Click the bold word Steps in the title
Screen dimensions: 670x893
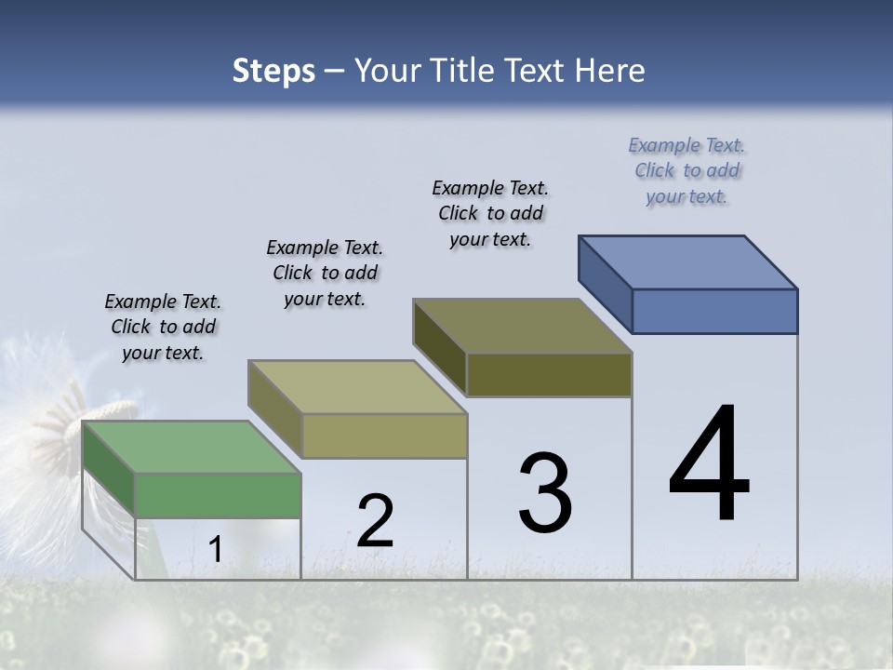[273, 71]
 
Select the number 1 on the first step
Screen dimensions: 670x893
[215, 550]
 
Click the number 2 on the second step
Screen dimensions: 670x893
[375, 521]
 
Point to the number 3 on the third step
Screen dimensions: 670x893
[545, 493]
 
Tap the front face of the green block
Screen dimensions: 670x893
[218, 495]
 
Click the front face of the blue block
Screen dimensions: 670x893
[714, 311]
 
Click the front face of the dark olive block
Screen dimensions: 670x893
[549, 375]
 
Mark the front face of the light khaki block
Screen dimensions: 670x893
[383, 435]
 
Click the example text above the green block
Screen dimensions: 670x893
[163, 328]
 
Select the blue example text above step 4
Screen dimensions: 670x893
[686, 170]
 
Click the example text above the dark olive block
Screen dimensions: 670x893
[490, 213]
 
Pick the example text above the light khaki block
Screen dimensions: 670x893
[325, 273]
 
